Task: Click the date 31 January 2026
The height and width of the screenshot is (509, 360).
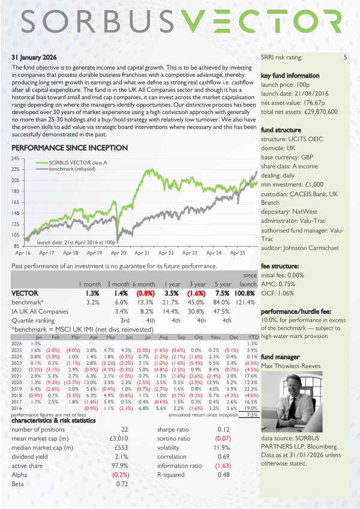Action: click(x=34, y=58)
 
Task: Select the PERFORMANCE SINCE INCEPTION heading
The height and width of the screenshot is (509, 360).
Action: click(x=69, y=148)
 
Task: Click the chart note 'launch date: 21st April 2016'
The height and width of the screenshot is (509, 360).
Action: click(x=76, y=242)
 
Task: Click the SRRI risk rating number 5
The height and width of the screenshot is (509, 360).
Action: click(x=345, y=58)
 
